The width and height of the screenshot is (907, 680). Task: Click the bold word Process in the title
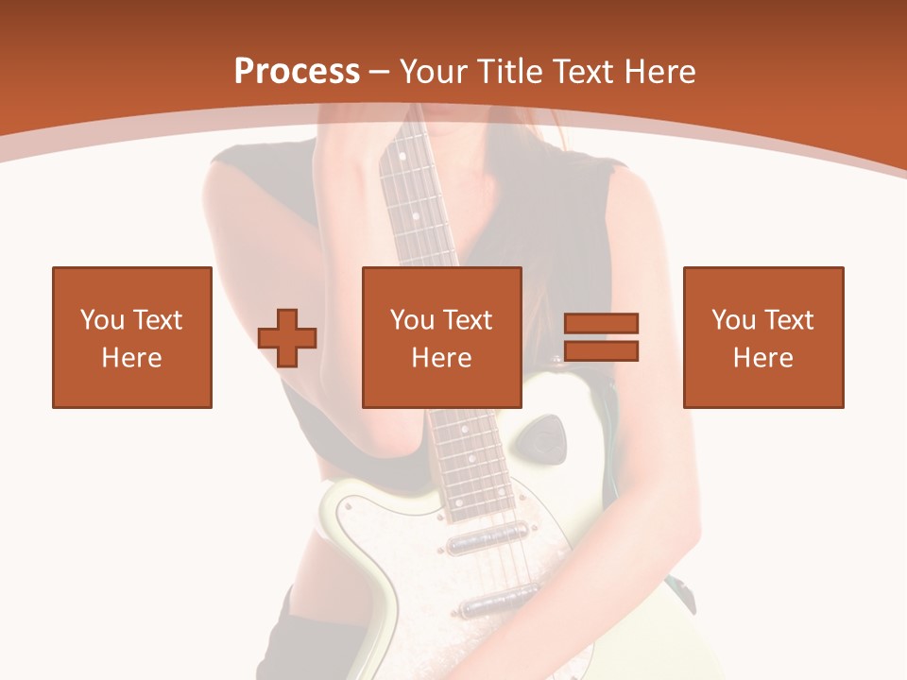[x=297, y=72]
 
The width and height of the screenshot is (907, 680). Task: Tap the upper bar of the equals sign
[x=601, y=324]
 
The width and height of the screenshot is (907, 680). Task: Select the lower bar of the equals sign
[x=601, y=351]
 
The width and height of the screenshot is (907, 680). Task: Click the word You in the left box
[x=102, y=320]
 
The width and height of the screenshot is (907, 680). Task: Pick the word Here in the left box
[x=131, y=358]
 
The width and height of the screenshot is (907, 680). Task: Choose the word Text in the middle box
[x=468, y=320]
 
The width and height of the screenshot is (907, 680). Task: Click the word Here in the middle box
[x=441, y=358]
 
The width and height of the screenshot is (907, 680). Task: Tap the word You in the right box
[x=733, y=320]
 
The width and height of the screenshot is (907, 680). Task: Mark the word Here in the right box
[x=762, y=358]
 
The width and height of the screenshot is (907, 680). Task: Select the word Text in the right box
[x=789, y=320]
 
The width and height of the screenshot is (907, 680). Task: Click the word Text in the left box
[x=158, y=320]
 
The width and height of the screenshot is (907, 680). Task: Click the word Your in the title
[x=433, y=72]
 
